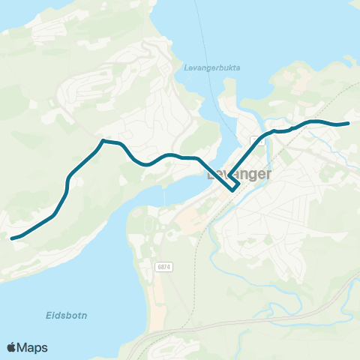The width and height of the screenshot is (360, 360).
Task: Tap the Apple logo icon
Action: click(x=12, y=347)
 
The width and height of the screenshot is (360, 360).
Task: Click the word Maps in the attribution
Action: click(x=34, y=347)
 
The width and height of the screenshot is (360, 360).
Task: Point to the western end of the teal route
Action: click(x=11, y=238)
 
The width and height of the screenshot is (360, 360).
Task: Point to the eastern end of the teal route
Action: click(x=349, y=123)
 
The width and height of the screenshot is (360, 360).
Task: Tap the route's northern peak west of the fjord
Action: click(x=103, y=139)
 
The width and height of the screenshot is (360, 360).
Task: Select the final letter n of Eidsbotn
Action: click(x=84, y=316)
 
